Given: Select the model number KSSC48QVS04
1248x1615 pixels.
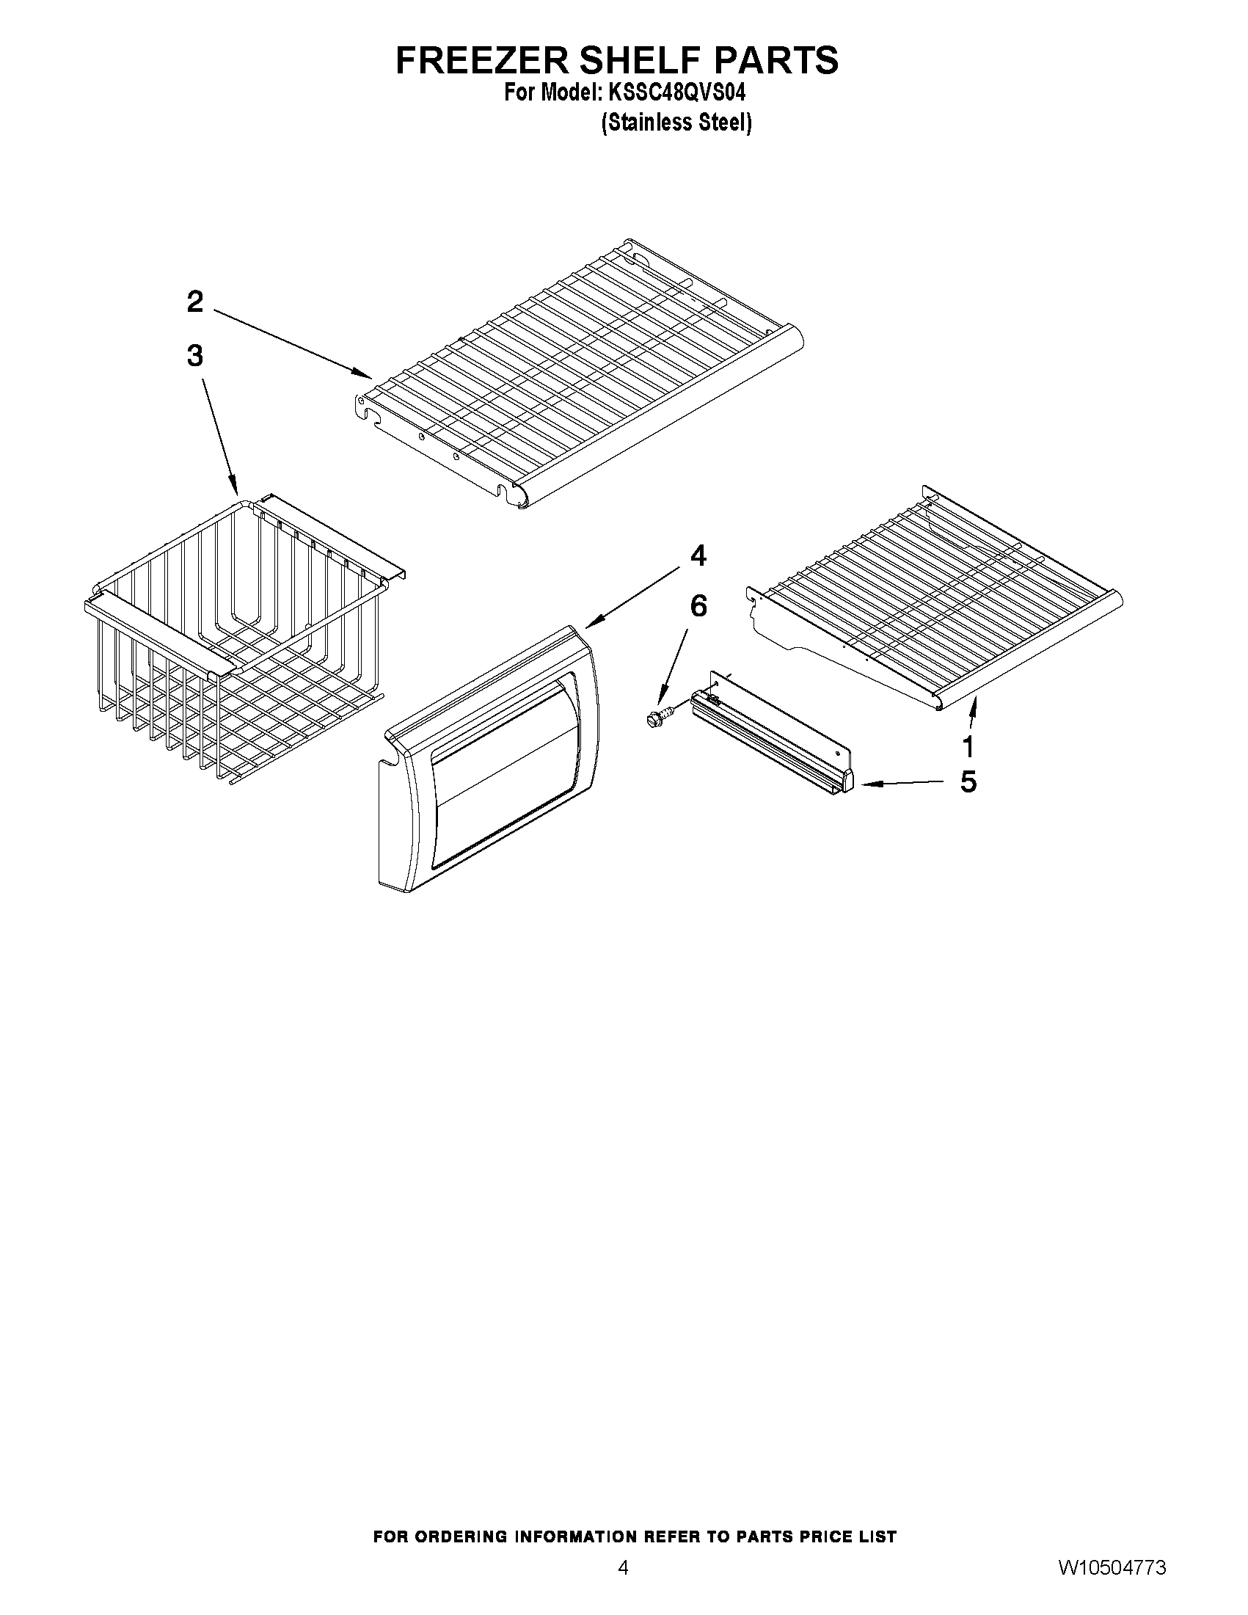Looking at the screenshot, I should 676,93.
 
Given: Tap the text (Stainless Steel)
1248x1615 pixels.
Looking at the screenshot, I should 676,123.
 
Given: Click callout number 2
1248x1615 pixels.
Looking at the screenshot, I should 194,302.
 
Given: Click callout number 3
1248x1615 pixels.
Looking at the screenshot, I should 194,356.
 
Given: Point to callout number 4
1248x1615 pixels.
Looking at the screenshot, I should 698,555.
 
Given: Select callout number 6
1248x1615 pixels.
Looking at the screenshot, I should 698,606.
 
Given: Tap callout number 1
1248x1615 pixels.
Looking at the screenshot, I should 968,747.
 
